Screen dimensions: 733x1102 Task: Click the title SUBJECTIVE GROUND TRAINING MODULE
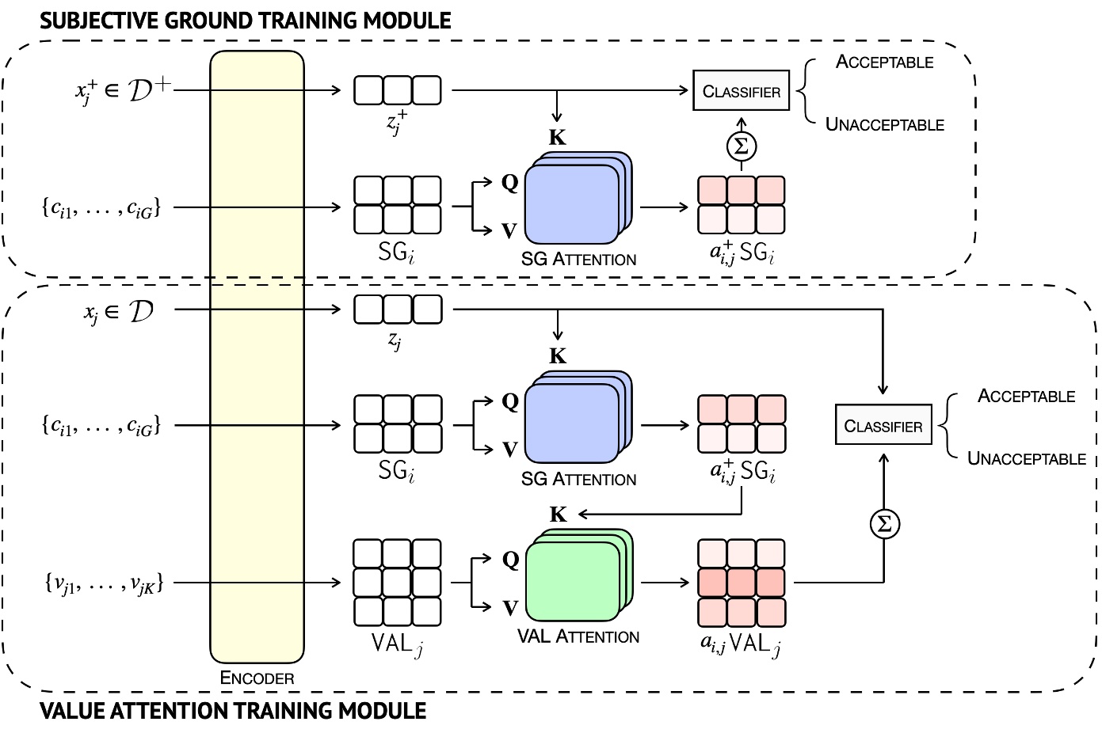246,21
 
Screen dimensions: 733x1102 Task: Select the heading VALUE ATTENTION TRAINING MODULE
233,711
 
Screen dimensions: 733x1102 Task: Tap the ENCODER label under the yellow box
257,678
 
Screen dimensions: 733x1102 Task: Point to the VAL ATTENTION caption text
578,637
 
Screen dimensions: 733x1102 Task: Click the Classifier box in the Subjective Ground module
742,91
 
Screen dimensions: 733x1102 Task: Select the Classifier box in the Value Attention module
883,426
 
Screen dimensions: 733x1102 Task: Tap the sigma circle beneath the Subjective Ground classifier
742,146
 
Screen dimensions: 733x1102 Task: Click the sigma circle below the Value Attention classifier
884,524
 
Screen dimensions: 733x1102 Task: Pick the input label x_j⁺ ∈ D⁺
123,91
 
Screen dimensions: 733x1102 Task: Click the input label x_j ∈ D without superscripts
119,312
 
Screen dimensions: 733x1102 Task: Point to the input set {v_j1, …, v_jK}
103,584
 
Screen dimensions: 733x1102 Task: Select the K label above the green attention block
558,515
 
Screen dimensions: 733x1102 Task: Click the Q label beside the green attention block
509,560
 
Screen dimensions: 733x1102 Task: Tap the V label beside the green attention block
509,608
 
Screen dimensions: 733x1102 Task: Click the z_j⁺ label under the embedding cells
397,123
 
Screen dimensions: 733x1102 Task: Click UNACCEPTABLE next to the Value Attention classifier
1027,459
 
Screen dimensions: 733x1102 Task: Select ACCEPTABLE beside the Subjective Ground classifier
885,63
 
